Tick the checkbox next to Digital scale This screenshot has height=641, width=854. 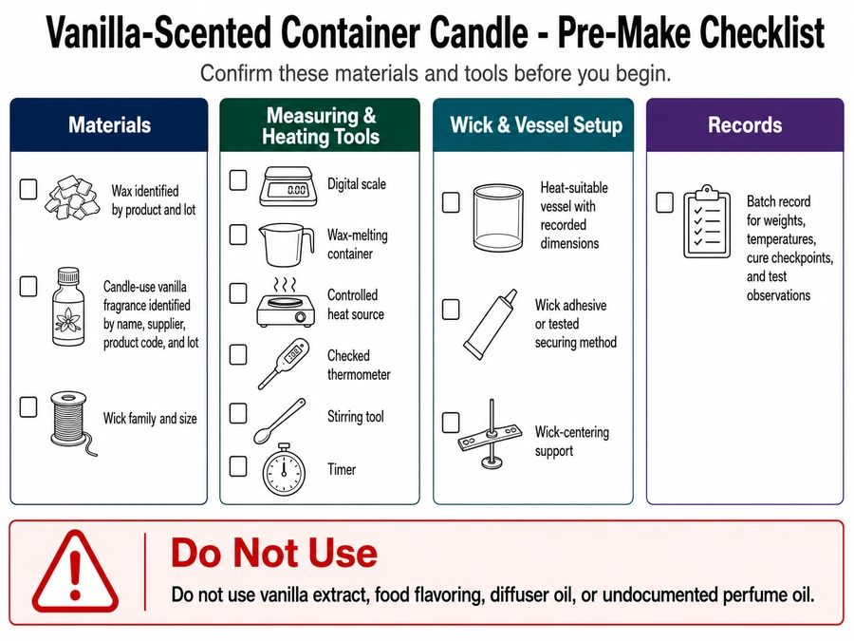(238, 180)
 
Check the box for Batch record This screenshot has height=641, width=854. (664, 202)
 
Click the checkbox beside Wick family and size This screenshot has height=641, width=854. (28, 407)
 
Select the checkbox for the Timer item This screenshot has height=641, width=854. (238, 466)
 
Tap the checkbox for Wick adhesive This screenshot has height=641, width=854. (451, 310)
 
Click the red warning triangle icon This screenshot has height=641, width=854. (75, 573)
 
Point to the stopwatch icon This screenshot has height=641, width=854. (283, 469)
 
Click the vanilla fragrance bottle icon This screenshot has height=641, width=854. (68, 307)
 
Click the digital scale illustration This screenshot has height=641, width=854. (288, 186)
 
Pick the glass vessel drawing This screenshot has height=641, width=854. (498, 217)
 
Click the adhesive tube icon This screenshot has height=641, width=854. (490, 325)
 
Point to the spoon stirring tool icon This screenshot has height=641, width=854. (279, 421)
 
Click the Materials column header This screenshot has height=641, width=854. (109, 124)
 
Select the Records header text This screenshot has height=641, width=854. (745, 124)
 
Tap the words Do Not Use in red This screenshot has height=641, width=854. (274, 553)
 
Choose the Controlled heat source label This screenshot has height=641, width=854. (356, 305)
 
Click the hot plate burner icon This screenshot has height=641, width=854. (286, 303)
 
